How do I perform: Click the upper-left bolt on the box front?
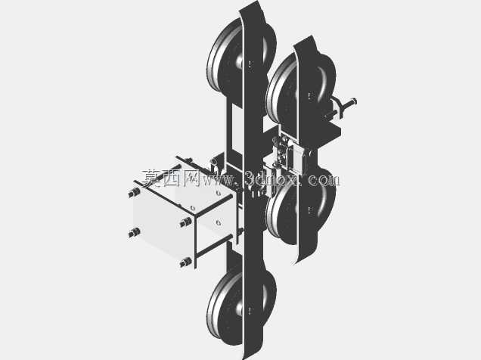(x=134, y=193)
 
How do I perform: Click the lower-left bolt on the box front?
(x=134, y=233)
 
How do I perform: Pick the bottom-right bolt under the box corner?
(x=185, y=262)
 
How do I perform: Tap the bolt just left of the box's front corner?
(x=185, y=222)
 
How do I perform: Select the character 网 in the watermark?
(x=191, y=178)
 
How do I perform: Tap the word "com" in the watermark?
(x=324, y=179)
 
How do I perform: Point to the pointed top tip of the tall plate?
(x=257, y=1)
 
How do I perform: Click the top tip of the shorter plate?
(x=312, y=36)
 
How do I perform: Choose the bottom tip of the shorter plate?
(x=295, y=263)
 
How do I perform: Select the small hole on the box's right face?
(x=219, y=222)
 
